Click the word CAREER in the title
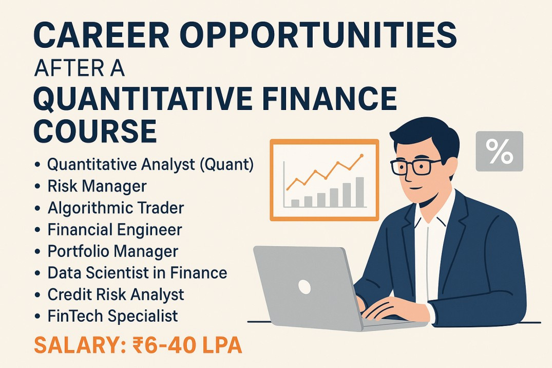coord(101,35)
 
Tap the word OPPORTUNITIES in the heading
coord(320,35)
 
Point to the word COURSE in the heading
coord(95,131)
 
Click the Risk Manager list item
coord(97,186)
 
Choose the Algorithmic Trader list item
coord(116,208)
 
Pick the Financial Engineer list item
coord(115,229)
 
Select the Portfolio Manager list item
coord(113,251)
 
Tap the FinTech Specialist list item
coord(112,316)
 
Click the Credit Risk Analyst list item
coord(116,295)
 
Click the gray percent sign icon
coord(499,151)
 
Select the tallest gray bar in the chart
coord(360,192)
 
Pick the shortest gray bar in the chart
coord(295,204)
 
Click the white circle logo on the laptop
coord(304,287)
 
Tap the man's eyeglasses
coord(415,167)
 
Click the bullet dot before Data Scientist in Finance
coord(37,273)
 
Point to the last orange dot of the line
coord(361,155)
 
